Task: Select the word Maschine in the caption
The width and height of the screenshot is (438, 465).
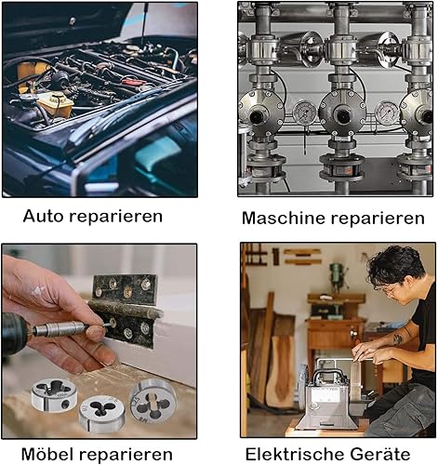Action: pyautogui.click(x=284, y=218)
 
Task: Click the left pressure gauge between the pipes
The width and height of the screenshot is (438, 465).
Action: pyautogui.click(x=305, y=113)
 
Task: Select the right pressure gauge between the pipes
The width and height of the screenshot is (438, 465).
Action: pyautogui.click(x=387, y=113)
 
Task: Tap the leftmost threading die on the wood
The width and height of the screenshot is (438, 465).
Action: pyautogui.click(x=54, y=394)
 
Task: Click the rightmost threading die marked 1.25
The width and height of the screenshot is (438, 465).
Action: pyautogui.click(x=153, y=402)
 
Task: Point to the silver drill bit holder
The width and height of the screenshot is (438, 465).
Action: pyautogui.click(x=59, y=328)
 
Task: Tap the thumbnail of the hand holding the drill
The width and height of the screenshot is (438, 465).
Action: pyautogui.click(x=95, y=333)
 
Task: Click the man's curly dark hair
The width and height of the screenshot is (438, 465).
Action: pyautogui.click(x=395, y=267)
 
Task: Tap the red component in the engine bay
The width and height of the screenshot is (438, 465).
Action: pyautogui.click(x=134, y=82)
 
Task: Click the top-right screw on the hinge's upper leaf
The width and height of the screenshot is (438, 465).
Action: pyautogui.click(x=145, y=285)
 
